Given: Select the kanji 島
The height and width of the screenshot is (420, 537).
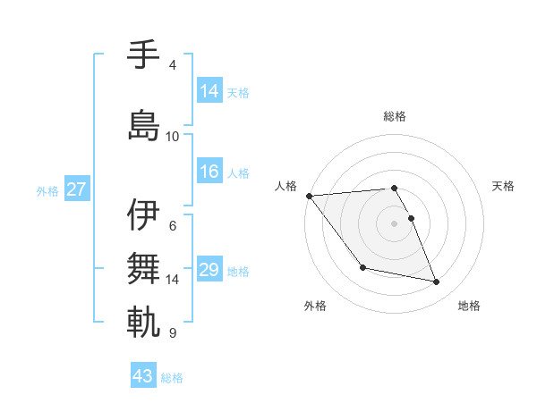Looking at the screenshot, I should pyautogui.click(x=144, y=124).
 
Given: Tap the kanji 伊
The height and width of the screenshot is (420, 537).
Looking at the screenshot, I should pyautogui.click(x=144, y=214).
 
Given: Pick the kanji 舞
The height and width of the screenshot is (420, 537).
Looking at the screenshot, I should pyautogui.click(x=144, y=267).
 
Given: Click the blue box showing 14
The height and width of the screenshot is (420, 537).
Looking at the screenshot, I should pyautogui.click(x=209, y=91).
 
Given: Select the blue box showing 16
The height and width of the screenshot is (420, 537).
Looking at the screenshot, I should pyautogui.click(x=209, y=172).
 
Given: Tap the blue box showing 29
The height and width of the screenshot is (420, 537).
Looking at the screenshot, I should pyautogui.click(x=209, y=270).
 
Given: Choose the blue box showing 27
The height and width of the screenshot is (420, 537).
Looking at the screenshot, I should pyautogui.click(x=77, y=189).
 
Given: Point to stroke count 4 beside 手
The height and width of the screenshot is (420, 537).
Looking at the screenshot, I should pyautogui.click(x=173, y=65).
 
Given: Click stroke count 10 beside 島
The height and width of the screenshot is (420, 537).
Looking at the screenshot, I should pyautogui.click(x=173, y=137).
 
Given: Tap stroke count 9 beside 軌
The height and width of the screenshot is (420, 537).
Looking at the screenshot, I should pyautogui.click(x=173, y=333).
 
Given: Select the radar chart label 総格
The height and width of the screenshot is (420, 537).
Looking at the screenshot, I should pyautogui.click(x=395, y=116).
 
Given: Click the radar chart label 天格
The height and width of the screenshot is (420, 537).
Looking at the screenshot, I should pyautogui.click(x=504, y=186).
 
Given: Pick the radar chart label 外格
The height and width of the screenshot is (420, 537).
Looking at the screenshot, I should pyautogui.click(x=315, y=306).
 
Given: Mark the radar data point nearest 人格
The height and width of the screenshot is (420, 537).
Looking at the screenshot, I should pyautogui.click(x=309, y=196).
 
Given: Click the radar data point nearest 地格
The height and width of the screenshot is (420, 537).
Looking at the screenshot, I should pyautogui.click(x=437, y=282).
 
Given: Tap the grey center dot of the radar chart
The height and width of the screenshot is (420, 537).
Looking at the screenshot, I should pyautogui.click(x=395, y=223).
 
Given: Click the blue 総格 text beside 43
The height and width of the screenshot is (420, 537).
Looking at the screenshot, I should pyautogui.click(x=172, y=378).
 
